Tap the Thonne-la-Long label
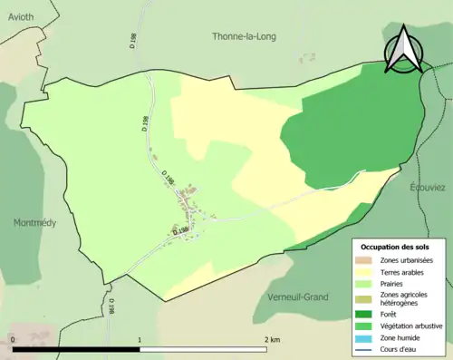[x=244, y=37]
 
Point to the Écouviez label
[x=426, y=187]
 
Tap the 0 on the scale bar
[x=13, y=339]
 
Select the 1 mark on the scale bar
[x=140, y=339]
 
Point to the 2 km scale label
[x=272, y=339]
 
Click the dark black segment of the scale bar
[x=76, y=348]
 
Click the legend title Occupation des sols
[x=398, y=247]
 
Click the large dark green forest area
[x=344, y=127]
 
